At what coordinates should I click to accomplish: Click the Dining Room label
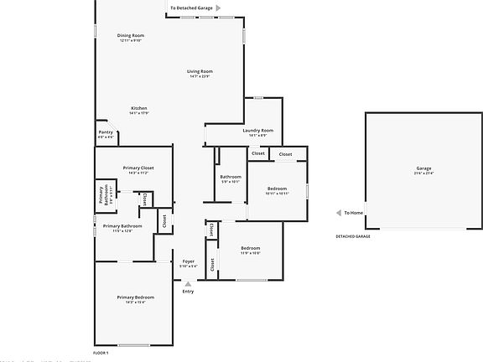tap(131, 35)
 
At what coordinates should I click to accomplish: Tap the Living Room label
tap(200, 71)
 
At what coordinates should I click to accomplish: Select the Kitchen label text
tap(139, 108)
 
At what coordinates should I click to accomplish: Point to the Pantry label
tap(106, 132)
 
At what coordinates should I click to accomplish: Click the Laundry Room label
tap(258, 130)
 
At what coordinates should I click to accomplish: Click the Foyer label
tap(189, 261)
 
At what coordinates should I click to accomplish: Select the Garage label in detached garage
tap(423, 168)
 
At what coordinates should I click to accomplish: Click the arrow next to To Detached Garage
tap(218, 8)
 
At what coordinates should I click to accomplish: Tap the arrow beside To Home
tap(338, 213)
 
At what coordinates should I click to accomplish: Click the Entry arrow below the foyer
tap(188, 283)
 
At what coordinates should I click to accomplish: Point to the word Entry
tap(188, 291)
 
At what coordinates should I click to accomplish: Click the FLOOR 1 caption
tap(101, 353)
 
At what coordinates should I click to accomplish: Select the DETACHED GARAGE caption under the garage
tap(353, 236)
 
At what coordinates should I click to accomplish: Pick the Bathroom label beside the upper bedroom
tap(231, 176)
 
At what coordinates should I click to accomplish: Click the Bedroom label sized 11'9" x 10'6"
tap(251, 248)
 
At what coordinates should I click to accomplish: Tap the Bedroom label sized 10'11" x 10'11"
tap(278, 189)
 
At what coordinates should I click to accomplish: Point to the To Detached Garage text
tap(190, 8)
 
